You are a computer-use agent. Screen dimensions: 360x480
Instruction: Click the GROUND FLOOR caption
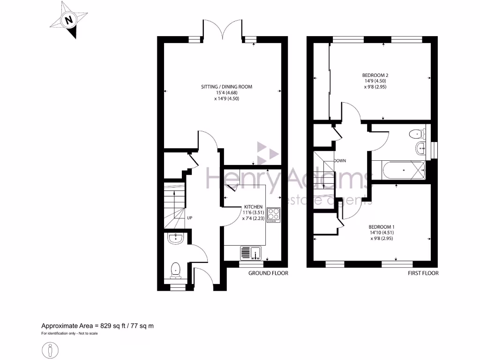click(x=268, y=273)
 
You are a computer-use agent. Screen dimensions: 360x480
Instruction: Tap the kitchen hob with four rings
click(x=273, y=215)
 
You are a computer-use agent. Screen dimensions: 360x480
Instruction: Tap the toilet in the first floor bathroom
click(x=416, y=135)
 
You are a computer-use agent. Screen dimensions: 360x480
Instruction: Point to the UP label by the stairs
click(x=190, y=218)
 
